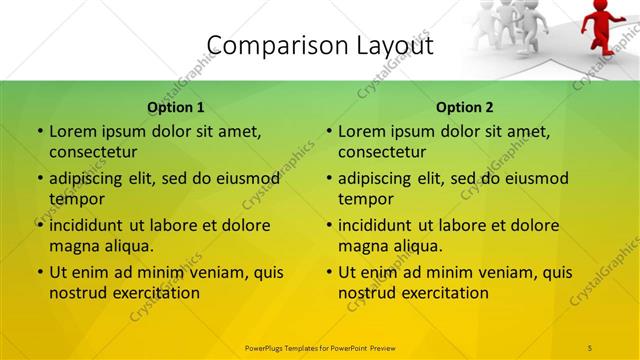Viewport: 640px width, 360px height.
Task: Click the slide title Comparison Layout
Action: point(320,46)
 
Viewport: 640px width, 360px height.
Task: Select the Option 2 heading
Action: point(464,107)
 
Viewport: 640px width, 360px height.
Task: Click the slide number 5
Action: point(590,347)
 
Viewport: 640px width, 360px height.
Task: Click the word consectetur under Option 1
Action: point(93,152)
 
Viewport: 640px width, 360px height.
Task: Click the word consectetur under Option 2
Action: point(382,152)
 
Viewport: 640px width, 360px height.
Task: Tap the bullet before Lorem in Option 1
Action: point(39,131)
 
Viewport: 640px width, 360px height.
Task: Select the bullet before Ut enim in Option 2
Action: point(328,272)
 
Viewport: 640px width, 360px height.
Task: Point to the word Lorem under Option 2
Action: point(361,131)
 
